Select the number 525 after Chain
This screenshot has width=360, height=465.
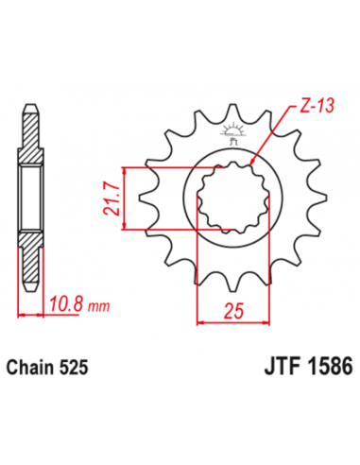point(75,364)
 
